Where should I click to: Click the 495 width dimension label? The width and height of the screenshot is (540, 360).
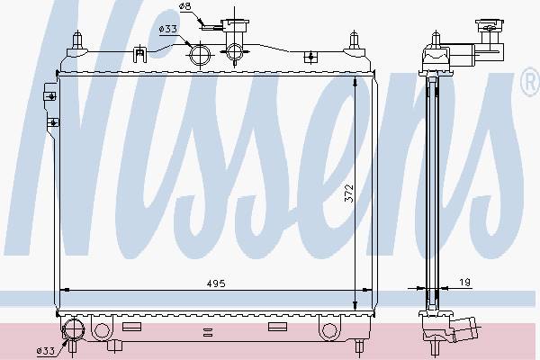point(216,283)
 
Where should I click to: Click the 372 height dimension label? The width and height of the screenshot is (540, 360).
point(349,193)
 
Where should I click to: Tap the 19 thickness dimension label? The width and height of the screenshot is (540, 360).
point(464,282)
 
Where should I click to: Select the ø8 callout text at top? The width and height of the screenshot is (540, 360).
point(185,6)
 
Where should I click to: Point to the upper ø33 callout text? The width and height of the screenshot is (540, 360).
point(168,29)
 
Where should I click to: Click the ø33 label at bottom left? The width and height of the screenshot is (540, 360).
point(46,351)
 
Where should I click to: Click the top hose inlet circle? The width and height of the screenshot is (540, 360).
point(200,54)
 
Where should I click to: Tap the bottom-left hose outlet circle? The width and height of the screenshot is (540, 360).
point(74,329)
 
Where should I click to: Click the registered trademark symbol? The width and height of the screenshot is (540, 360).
point(530,82)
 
